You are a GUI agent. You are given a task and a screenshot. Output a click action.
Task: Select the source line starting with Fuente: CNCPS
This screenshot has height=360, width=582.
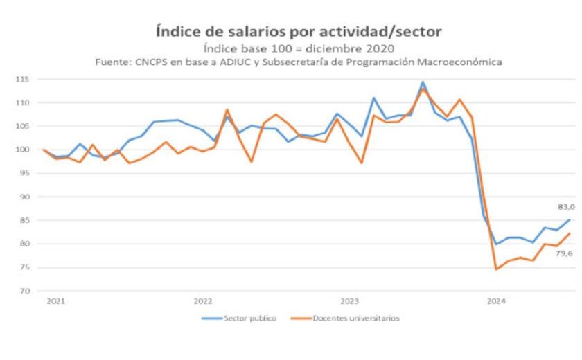click(299, 62)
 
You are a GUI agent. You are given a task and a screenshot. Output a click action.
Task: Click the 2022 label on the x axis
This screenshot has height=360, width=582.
click(202, 301)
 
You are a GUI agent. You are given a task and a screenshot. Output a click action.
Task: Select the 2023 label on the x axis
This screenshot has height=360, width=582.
click(349, 301)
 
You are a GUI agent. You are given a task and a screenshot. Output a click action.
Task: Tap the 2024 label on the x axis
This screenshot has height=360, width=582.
click(496, 301)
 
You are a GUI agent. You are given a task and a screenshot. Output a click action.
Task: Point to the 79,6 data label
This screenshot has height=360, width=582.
click(563, 253)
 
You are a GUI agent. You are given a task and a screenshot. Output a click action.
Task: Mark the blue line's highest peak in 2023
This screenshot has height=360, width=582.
click(423, 82)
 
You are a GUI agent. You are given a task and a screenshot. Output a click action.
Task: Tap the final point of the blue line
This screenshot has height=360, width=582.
click(570, 220)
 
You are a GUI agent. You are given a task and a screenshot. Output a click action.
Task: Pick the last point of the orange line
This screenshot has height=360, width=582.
click(570, 233)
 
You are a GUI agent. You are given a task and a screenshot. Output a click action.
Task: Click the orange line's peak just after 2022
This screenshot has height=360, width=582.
click(227, 109)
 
